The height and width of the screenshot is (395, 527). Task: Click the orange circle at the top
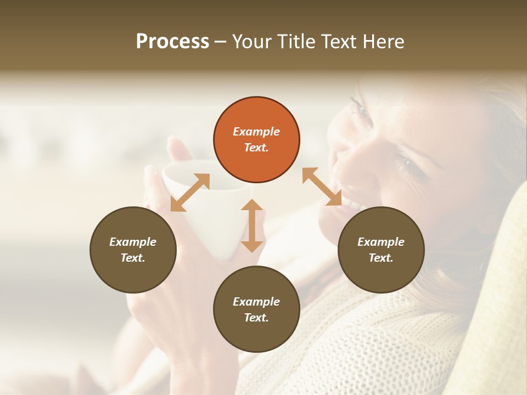[x=256, y=140]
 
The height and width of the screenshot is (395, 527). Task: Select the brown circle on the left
[x=133, y=250]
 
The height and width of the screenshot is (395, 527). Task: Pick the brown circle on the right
[x=381, y=250]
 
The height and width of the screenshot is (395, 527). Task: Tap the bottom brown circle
[x=256, y=309]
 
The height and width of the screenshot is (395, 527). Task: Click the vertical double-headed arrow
[x=252, y=225]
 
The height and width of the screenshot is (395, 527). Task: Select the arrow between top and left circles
[x=190, y=193]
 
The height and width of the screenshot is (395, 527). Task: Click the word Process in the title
[x=172, y=41]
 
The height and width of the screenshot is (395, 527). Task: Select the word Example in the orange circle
[x=256, y=132]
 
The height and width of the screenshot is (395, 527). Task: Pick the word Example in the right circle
[x=381, y=242]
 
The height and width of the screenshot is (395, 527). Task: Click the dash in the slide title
[x=220, y=42]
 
